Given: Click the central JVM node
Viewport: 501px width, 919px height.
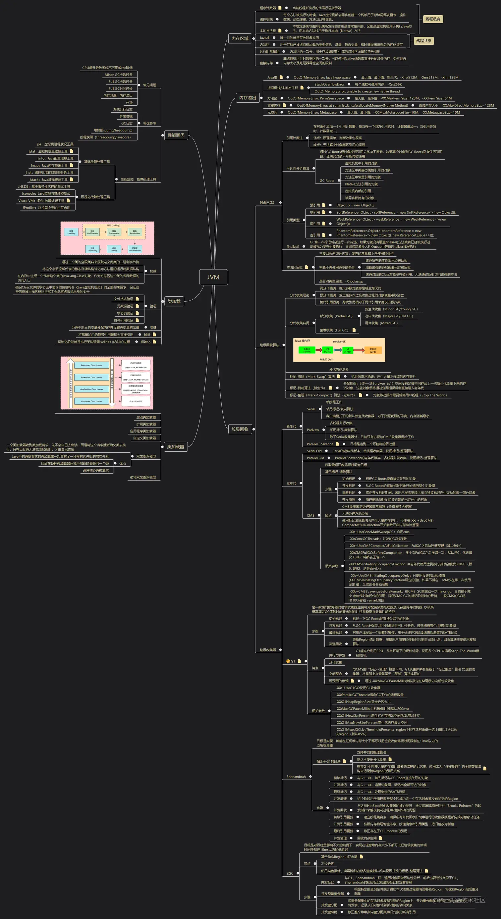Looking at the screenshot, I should click(213, 277).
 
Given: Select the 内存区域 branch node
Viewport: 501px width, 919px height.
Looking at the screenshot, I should click(240, 38).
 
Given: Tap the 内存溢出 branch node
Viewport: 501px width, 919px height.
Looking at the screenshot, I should click(248, 98).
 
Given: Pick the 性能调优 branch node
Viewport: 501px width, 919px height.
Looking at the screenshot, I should click(176, 135).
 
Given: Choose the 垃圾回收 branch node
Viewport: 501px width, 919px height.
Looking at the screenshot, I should click(240, 429).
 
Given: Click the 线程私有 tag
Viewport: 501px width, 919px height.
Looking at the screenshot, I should click(432, 19).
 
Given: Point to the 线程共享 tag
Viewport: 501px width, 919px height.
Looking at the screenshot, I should click(423, 41).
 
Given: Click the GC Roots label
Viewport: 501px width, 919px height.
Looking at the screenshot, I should click(327, 181).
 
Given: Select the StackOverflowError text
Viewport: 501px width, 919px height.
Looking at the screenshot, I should click(329, 84).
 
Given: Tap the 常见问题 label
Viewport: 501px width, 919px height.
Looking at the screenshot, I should click(149, 85).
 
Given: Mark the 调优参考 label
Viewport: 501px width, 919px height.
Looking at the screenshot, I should click(149, 124).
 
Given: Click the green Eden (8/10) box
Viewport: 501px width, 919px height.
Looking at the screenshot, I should click(307, 350).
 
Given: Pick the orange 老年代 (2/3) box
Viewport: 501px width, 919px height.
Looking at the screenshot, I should click(373, 350).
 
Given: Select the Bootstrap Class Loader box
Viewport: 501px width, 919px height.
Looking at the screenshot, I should click(91, 365).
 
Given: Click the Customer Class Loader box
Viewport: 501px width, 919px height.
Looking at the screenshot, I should click(91, 401).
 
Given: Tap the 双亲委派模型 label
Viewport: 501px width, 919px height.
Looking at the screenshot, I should click(146, 457).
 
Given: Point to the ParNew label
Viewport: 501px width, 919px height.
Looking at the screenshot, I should click(313, 430).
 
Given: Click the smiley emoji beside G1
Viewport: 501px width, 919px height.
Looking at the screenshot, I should click(288, 661).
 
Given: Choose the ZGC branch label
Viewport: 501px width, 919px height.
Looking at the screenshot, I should click(290, 873).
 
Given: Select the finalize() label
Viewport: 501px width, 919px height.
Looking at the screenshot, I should click(293, 246).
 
